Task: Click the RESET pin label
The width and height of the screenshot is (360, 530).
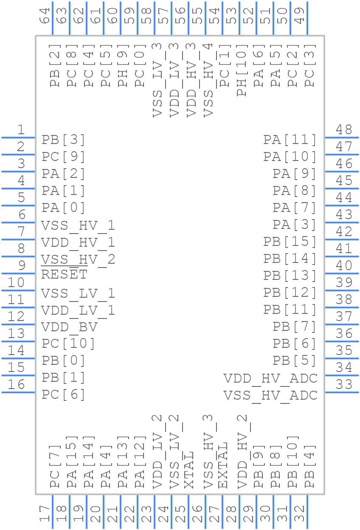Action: click(x=64, y=275)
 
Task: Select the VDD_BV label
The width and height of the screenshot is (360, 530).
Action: click(x=70, y=327)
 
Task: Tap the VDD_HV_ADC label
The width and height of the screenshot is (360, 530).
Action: click(x=270, y=378)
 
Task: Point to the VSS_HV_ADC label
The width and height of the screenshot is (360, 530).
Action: click(x=270, y=395)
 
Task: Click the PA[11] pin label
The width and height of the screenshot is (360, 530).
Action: click(x=290, y=140)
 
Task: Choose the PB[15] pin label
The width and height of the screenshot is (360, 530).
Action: click(x=290, y=242)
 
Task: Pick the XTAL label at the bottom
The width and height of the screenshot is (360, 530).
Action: click(x=189, y=470)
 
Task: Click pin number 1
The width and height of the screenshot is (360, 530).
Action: click(x=20, y=130)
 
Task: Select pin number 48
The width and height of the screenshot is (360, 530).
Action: click(x=344, y=130)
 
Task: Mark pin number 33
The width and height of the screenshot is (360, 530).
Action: click(x=344, y=384)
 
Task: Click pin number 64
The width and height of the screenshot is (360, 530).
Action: click(x=45, y=16)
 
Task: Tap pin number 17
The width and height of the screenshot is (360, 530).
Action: click(x=45, y=513)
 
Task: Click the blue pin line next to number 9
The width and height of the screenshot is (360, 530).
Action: click(x=18, y=273)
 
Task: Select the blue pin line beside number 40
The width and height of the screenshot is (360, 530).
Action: click(x=342, y=273)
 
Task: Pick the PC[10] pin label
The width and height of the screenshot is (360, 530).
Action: click(x=68, y=344)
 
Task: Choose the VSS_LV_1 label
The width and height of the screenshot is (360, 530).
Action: click(x=78, y=293)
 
